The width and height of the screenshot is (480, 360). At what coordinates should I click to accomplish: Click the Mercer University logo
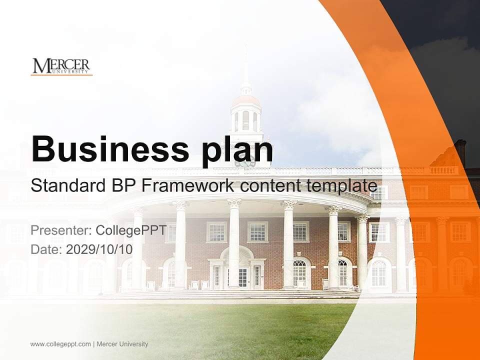coord(61,66)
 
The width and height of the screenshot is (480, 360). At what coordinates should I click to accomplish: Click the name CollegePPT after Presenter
coord(130,231)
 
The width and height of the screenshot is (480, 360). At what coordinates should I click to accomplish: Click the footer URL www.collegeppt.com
coord(60,344)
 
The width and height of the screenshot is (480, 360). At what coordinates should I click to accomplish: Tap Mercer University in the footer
coord(122,344)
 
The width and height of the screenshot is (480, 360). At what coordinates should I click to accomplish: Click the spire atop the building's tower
coord(246,67)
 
